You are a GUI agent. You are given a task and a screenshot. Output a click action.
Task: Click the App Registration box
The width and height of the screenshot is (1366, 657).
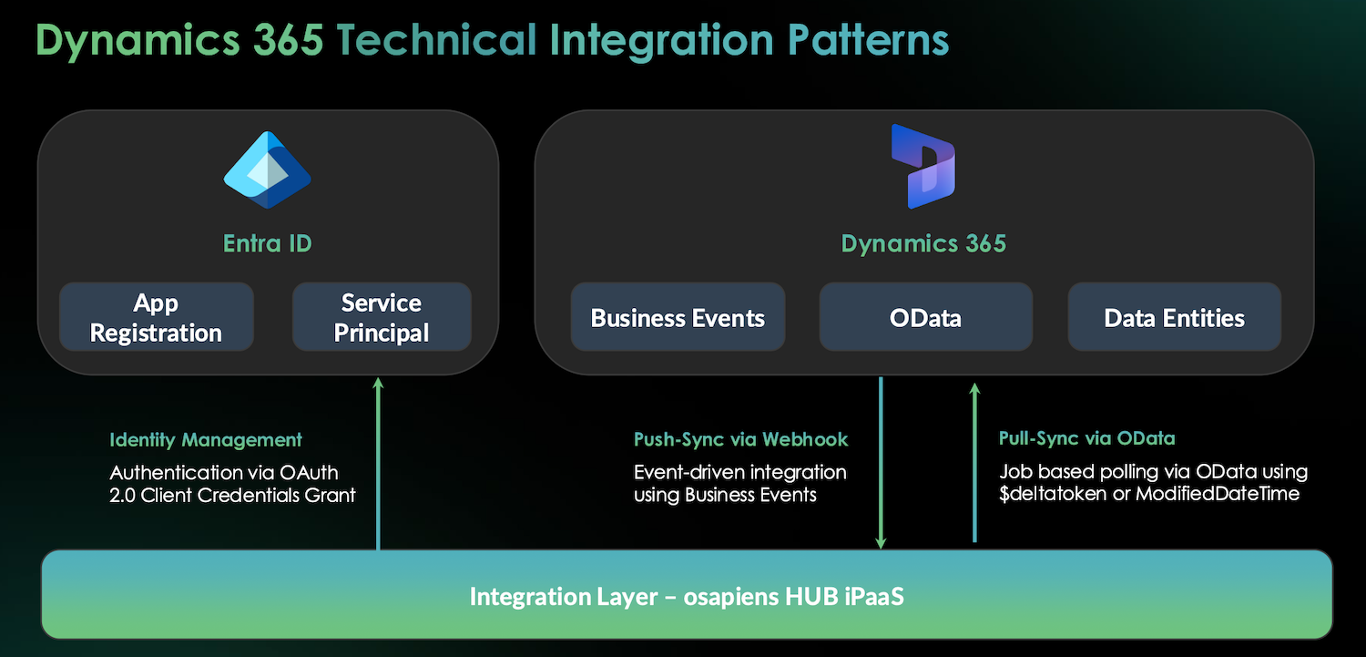pyautogui.click(x=156, y=317)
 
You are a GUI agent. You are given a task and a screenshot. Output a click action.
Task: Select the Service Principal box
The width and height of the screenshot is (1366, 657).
pyautogui.click(x=382, y=317)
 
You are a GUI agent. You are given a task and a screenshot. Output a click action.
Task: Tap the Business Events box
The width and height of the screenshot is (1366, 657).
pyautogui.click(x=678, y=317)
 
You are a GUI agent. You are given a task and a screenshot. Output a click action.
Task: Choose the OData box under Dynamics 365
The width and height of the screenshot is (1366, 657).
pyautogui.click(x=925, y=317)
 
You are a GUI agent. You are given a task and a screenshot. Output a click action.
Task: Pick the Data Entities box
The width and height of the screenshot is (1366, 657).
pyautogui.click(x=1174, y=317)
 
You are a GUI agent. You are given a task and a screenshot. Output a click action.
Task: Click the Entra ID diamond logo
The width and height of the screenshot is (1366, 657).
pyautogui.click(x=267, y=170)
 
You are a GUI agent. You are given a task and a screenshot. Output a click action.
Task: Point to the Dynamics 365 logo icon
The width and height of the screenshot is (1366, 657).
pyautogui.click(x=923, y=166)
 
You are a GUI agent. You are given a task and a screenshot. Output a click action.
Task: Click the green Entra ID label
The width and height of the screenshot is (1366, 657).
pyautogui.click(x=267, y=243)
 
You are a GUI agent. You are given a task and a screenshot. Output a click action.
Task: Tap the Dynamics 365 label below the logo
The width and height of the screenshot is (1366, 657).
pyautogui.click(x=923, y=243)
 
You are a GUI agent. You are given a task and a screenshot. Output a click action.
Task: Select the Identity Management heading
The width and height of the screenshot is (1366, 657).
pyautogui.click(x=206, y=439)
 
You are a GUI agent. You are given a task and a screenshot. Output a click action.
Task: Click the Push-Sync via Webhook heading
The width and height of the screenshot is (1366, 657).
pyautogui.click(x=740, y=439)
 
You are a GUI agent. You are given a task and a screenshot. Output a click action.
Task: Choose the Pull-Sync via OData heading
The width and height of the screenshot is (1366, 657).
pyautogui.click(x=1086, y=438)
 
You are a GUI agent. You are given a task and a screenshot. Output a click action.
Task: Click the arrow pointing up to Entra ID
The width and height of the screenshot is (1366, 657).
pyautogui.click(x=378, y=465)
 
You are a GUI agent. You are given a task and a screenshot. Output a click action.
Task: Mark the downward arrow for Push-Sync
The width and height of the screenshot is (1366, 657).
pyautogui.click(x=881, y=465)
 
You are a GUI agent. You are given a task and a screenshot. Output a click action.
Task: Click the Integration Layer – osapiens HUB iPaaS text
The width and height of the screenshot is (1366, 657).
pyautogui.click(x=686, y=596)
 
